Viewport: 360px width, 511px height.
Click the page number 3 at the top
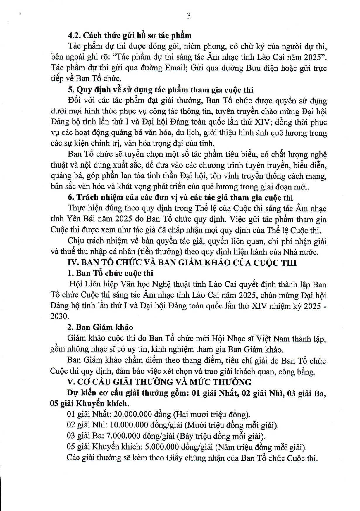click(x=189, y=16)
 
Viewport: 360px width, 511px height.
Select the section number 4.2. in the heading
click(x=75, y=36)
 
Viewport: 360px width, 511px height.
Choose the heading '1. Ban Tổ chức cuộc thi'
click(x=110, y=273)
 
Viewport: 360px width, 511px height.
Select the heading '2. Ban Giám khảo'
click(x=100, y=327)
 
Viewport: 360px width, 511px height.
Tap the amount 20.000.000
click(x=133, y=414)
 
